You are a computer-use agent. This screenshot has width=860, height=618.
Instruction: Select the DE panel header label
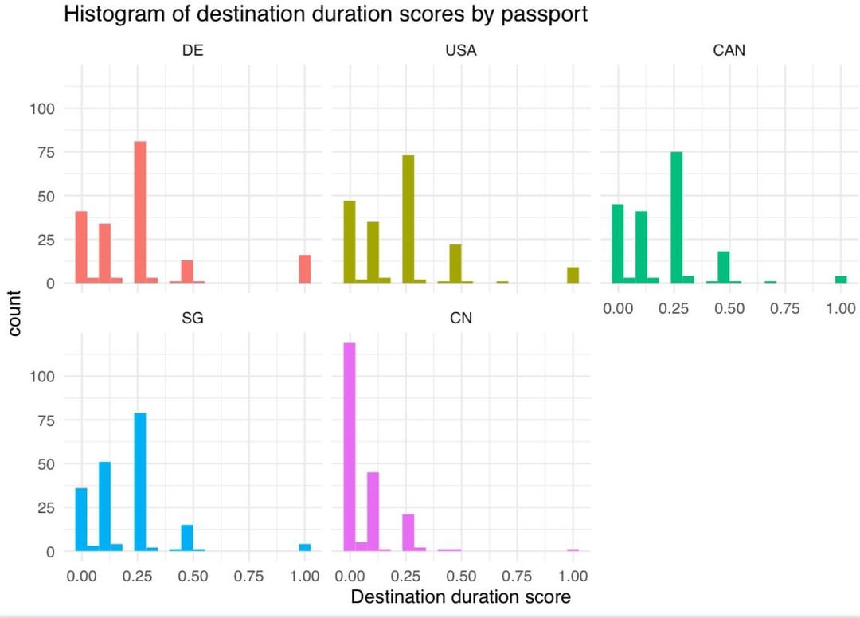click(x=193, y=51)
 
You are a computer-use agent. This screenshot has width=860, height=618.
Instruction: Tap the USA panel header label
click(x=461, y=51)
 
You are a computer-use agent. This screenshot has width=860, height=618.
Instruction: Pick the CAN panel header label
click(x=729, y=51)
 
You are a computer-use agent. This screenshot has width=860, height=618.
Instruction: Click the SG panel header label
click(x=193, y=319)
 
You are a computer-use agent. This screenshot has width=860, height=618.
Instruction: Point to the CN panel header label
click(x=461, y=319)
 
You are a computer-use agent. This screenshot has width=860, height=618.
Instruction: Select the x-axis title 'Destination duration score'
click(x=461, y=596)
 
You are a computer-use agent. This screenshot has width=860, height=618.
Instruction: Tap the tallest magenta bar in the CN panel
click(x=349, y=447)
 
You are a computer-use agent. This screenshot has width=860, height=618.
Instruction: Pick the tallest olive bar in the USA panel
click(x=408, y=219)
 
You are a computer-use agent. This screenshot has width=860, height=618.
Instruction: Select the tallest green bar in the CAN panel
click(x=677, y=217)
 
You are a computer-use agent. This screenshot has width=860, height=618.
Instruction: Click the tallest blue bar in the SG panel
click(x=140, y=482)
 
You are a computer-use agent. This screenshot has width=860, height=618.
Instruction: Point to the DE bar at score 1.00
click(x=304, y=268)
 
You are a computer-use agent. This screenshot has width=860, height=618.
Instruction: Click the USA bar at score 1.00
click(x=573, y=275)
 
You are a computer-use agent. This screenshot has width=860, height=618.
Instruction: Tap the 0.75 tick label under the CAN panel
click(x=784, y=308)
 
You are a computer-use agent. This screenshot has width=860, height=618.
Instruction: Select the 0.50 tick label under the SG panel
click(x=193, y=576)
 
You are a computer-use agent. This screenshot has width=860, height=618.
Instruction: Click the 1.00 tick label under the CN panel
click(x=573, y=576)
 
